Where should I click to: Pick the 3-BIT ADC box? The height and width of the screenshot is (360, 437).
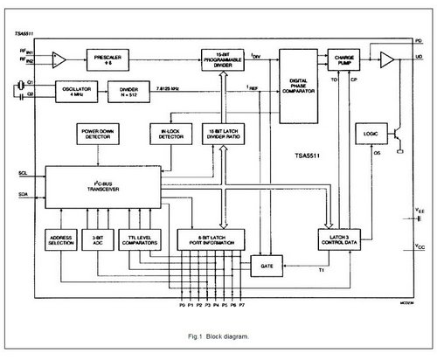pos(99,239)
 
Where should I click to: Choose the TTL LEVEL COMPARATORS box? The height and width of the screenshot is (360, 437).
pos(144,239)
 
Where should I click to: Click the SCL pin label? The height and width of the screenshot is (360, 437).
pos(24,174)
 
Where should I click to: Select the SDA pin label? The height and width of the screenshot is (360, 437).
pos(24,192)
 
